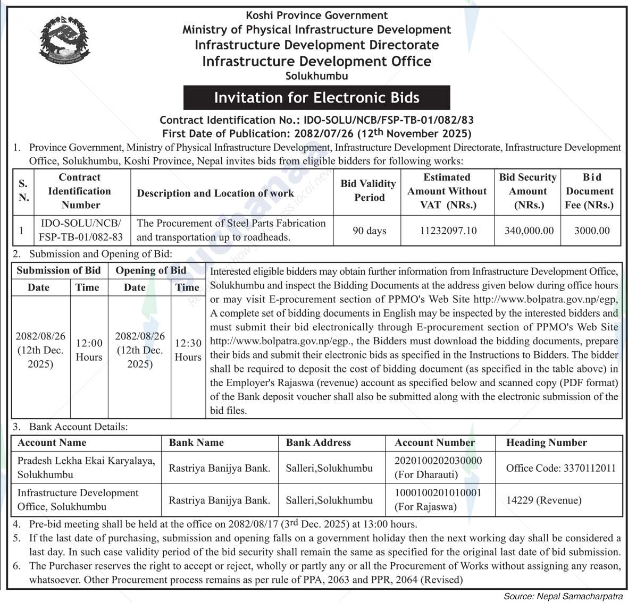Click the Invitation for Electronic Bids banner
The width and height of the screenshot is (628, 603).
(x=316, y=98)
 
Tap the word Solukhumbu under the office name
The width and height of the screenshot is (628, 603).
(x=316, y=76)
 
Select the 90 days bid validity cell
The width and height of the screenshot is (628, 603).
(x=369, y=231)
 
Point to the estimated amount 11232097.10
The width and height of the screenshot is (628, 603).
(x=447, y=231)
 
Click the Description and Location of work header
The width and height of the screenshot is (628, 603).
(x=215, y=193)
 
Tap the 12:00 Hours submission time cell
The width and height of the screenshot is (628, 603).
(x=89, y=350)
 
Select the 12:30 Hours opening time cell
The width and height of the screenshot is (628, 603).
(x=188, y=350)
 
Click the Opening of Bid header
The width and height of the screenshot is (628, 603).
(x=151, y=270)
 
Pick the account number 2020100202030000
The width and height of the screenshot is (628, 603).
(x=438, y=461)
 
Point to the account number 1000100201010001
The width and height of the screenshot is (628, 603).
(x=438, y=493)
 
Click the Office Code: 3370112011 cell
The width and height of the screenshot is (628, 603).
(x=560, y=468)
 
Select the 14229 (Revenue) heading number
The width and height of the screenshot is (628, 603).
(x=543, y=500)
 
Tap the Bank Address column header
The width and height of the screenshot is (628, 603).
(x=318, y=443)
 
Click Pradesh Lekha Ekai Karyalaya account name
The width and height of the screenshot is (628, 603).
(x=86, y=461)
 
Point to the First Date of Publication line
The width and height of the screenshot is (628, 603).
(x=316, y=133)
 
